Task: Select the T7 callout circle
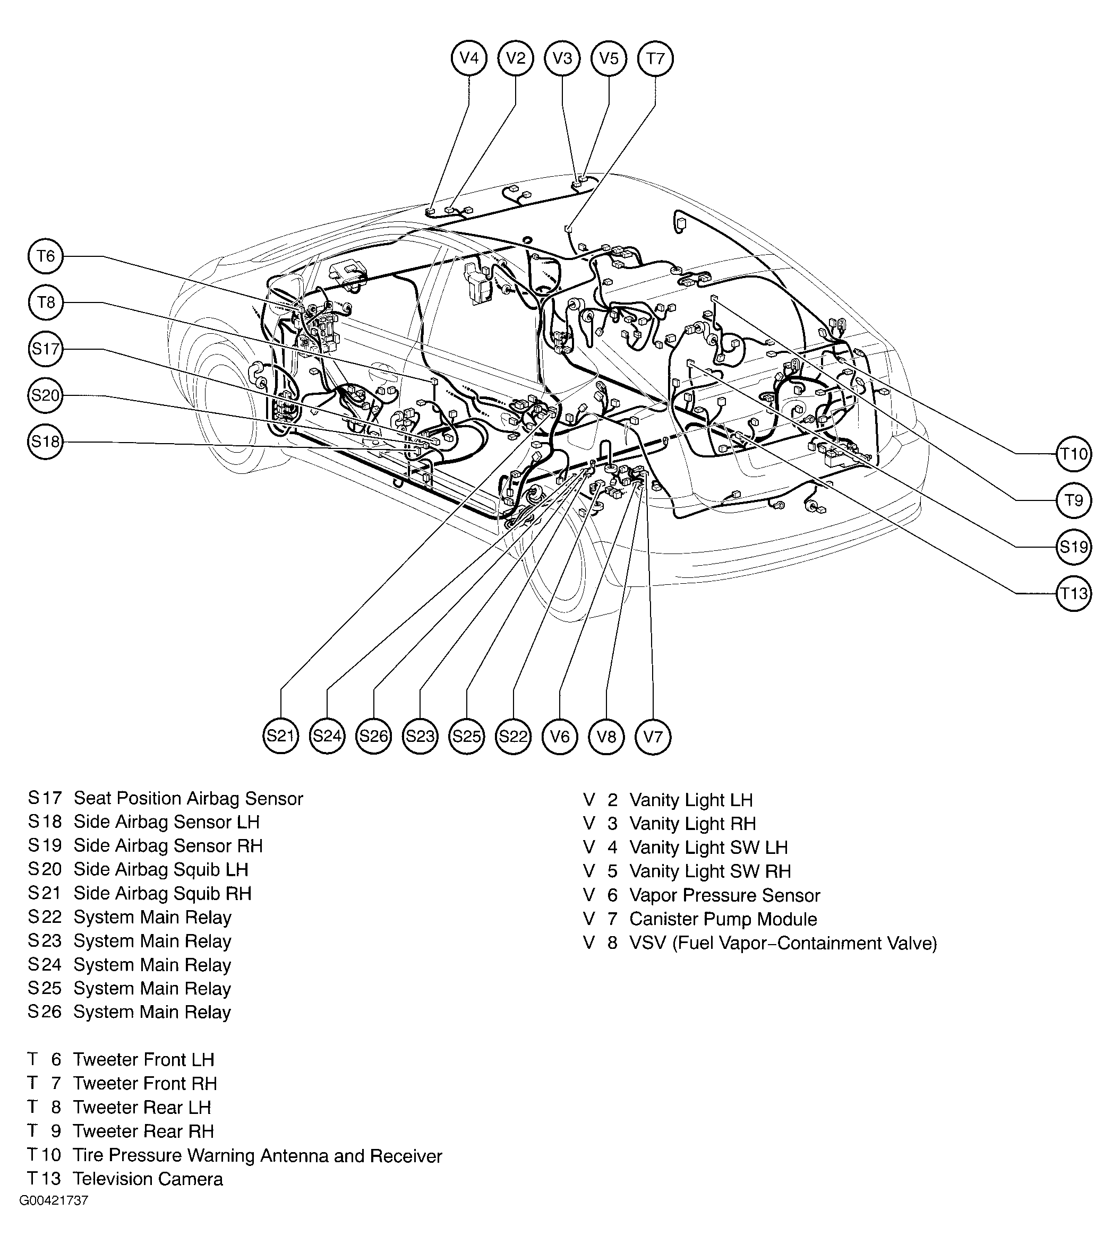tap(655, 58)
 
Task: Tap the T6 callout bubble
tap(46, 256)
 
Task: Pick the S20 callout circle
tap(46, 395)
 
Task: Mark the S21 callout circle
tap(280, 736)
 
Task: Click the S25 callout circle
tap(467, 736)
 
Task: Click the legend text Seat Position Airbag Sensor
tap(188, 799)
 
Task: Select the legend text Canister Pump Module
tap(723, 919)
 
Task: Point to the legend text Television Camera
tap(148, 1179)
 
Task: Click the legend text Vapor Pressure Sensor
tap(725, 895)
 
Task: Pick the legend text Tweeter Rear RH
tap(143, 1131)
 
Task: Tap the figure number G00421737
tap(54, 1217)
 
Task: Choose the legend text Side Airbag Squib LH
tap(161, 869)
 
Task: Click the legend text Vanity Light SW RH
tap(710, 871)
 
